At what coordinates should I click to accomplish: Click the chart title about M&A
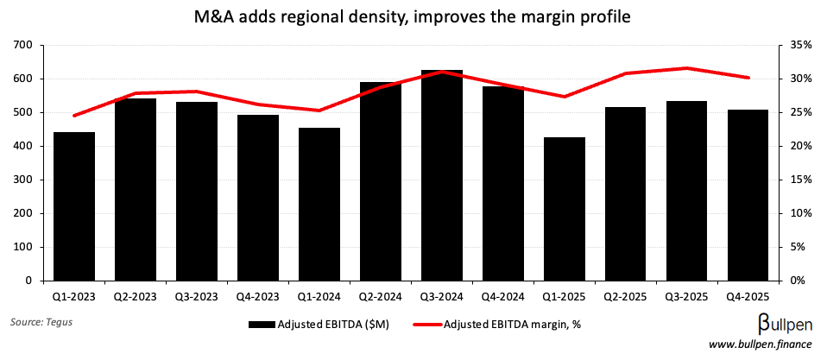pos(413,16)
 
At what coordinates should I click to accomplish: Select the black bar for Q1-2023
pos(74,207)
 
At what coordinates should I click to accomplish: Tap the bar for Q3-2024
pos(441,176)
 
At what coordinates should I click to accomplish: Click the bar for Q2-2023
pos(136,190)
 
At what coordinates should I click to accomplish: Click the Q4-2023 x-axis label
pos(257,295)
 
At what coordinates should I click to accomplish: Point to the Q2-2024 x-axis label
pos(380,295)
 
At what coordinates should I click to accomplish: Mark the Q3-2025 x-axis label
pos(686,295)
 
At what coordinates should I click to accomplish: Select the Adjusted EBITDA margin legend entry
pos(502,325)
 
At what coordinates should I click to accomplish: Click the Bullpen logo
pos(778,325)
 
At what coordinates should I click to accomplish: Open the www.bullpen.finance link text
pos(760,345)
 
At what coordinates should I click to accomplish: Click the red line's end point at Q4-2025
pos(748,78)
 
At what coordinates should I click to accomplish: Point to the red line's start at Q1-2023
pos(74,115)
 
